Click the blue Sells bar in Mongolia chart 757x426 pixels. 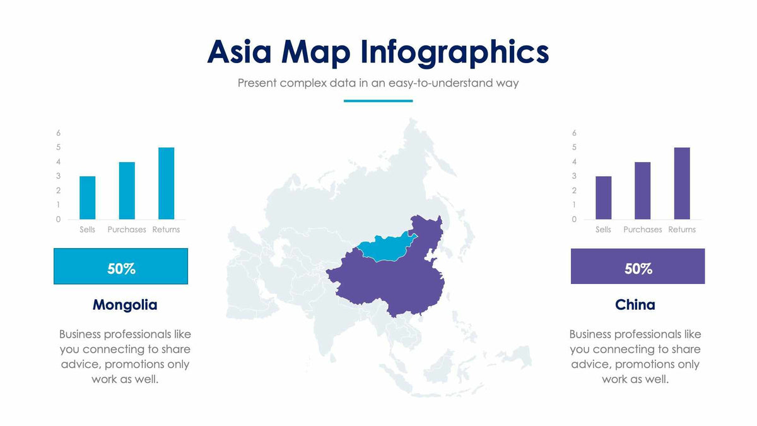[x=88, y=198]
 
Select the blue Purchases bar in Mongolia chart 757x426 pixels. [x=127, y=191]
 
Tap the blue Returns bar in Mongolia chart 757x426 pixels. [x=166, y=183]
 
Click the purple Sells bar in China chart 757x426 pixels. [x=604, y=198]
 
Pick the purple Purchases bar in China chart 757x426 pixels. [x=643, y=191]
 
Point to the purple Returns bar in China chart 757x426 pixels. [x=682, y=183]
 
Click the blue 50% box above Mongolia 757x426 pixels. [x=120, y=266]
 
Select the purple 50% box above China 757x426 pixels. [x=638, y=266]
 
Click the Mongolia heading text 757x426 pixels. [x=125, y=305]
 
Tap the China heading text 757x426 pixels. [x=635, y=305]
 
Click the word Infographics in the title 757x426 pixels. [x=454, y=52]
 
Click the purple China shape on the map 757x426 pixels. [x=391, y=278]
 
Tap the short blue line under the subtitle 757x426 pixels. [x=378, y=100]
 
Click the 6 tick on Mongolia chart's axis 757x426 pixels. [x=59, y=133]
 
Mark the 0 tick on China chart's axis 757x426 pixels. [x=575, y=220]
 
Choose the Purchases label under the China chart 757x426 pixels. [x=643, y=230]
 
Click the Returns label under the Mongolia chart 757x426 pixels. [x=166, y=230]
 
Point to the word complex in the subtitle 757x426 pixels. [x=303, y=83]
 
